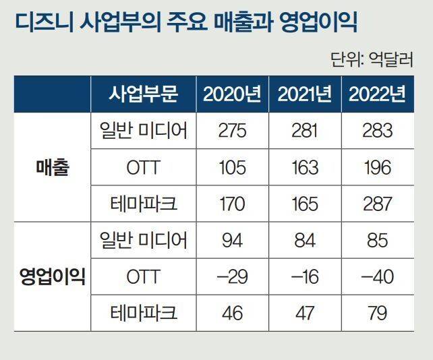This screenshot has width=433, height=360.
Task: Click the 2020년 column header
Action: point(232,94)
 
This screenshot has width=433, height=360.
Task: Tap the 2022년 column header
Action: point(377,94)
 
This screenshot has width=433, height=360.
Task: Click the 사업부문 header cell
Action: point(143,94)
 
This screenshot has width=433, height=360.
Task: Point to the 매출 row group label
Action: point(52,167)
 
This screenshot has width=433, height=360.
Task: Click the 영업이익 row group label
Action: point(52,276)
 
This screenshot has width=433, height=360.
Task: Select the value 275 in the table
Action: point(232,131)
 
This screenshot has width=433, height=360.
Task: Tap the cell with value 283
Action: point(377,131)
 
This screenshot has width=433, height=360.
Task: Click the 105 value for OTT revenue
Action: point(232,167)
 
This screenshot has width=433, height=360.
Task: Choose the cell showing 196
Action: point(377,167)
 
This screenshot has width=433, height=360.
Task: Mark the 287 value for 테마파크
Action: point(377,204)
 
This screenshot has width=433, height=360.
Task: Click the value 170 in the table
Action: point(232,204)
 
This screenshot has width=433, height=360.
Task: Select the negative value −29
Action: point(232,276)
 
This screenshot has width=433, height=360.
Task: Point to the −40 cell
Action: point(377,276)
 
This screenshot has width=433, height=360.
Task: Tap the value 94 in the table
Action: point(232,240)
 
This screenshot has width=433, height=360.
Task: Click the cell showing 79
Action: point(377,313)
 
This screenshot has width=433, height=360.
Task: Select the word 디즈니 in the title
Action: point(42,23)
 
